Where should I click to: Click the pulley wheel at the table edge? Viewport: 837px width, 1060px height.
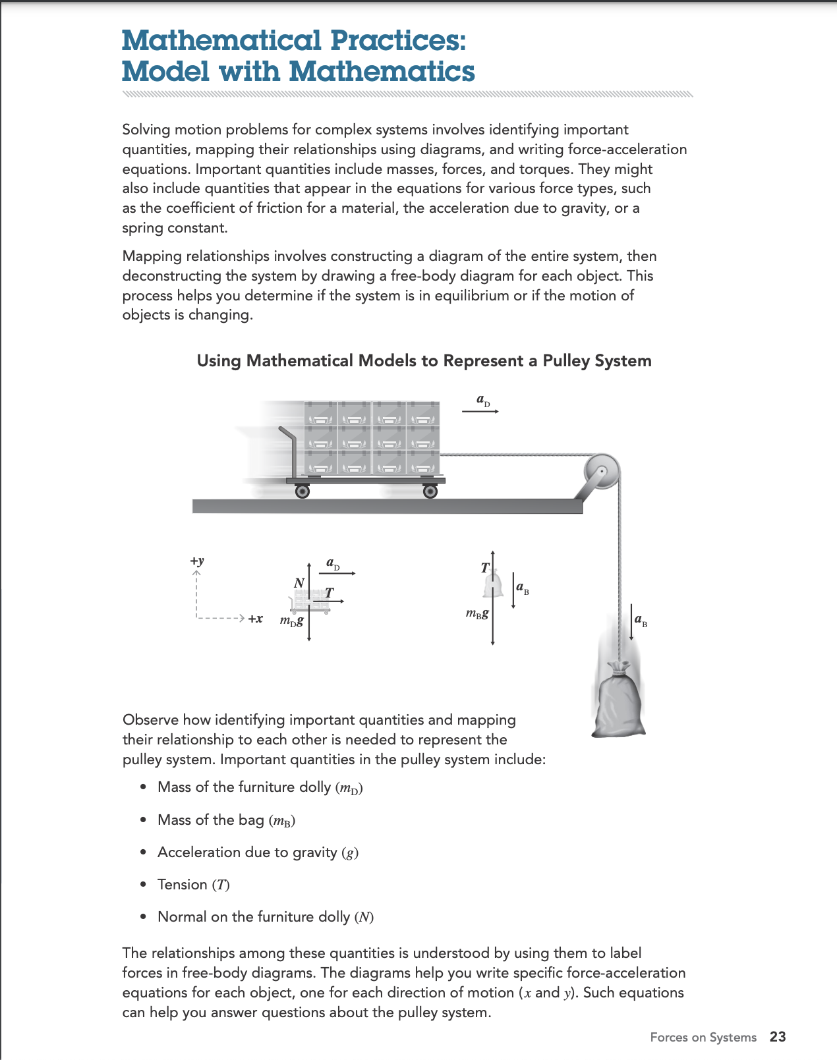tap(602, 472)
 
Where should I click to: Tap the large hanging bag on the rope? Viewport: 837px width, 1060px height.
tap(619, 702)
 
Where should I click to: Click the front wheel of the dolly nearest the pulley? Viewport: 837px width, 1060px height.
tap(430, 491)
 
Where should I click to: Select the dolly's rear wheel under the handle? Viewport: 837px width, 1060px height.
tap(302, 491)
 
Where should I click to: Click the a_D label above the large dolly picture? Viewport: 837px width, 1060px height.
tap(483, 401)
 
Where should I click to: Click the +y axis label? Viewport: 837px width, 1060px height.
tap(197, 561)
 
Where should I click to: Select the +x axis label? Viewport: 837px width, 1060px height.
tap(255, 619)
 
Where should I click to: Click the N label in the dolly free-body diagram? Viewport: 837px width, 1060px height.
tap(299, 582)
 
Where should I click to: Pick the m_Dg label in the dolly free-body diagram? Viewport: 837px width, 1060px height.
tap(291, 621)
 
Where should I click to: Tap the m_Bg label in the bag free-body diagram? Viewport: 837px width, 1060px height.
tap(477, 613)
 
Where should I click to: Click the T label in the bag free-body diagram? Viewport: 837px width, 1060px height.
tap(485, 567)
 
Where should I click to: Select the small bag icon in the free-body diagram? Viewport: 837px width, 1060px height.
tap(492, 584)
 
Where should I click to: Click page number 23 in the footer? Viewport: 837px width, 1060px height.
tap(778, 1037)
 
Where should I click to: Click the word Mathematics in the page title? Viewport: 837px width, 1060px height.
tap(382, 71)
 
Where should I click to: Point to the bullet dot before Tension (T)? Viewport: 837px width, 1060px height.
tap(143, 885)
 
